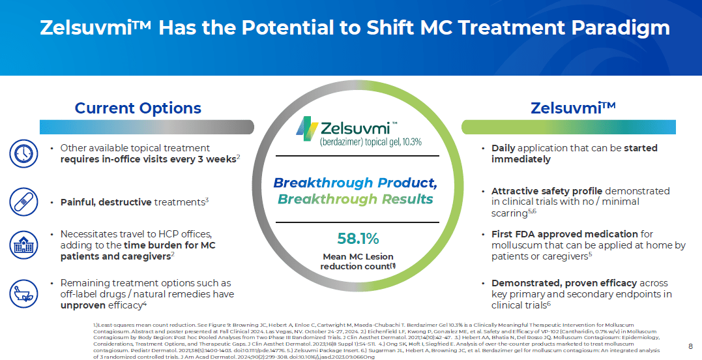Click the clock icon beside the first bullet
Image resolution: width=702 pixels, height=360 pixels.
click(23, 154)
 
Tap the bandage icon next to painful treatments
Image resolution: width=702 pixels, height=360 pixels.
click(23, 202)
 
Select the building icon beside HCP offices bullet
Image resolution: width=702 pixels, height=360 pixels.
click(23, 245)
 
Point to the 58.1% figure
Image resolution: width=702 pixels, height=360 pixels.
click(357, 238)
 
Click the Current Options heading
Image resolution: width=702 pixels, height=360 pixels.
click(138, 108)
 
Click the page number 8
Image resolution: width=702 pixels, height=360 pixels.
click(690, 346)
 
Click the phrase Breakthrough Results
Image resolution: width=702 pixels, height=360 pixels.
click(355, 199)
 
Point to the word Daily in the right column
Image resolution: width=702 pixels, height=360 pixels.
click(504, 148)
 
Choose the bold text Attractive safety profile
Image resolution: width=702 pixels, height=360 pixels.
click(546, 191)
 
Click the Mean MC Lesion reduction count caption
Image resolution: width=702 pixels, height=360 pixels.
click(357, 262)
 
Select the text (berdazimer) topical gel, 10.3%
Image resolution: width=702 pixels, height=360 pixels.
click(370, 142)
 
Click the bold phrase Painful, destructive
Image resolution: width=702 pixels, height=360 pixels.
click(106, 202)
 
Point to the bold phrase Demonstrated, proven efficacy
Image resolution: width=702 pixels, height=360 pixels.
click(564, 283)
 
